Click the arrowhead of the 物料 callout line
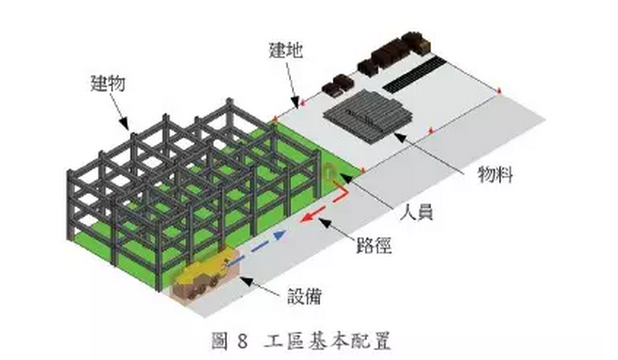405,136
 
